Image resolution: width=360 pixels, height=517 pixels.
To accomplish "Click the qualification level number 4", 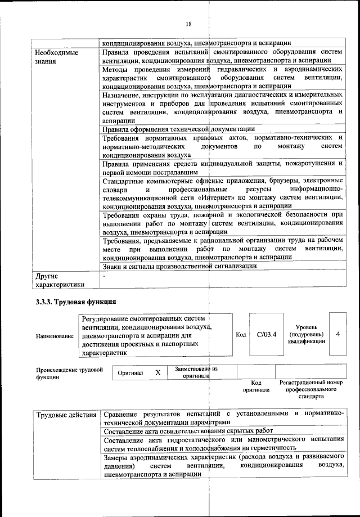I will (338, 334).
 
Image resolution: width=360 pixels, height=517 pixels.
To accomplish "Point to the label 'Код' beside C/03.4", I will (241, 335).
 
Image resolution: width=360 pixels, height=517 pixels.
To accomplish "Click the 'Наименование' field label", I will (55, 336).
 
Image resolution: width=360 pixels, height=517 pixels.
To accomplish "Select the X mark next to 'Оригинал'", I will (158, 372).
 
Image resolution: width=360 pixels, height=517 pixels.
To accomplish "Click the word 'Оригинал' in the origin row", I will (130, 373).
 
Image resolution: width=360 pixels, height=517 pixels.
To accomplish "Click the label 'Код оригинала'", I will (256, 386).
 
